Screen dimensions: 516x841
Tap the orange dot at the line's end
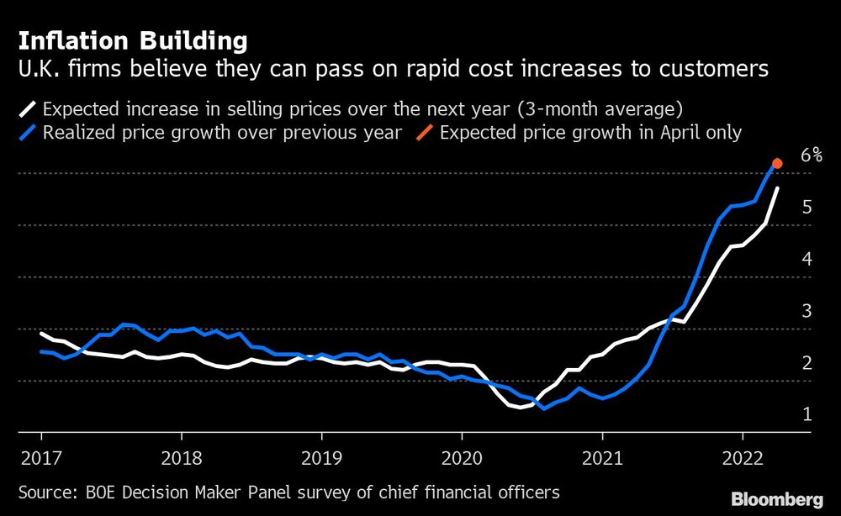[778, 164]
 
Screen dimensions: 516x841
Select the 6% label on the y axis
[811, 155]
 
